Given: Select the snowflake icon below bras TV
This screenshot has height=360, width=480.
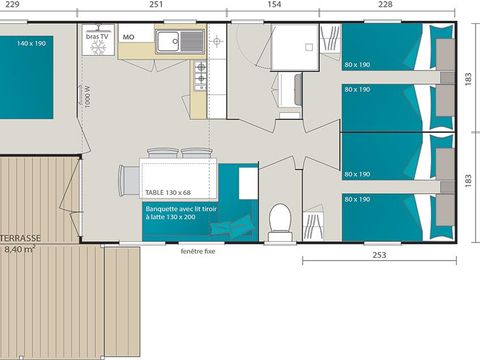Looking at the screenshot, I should coord(98,47).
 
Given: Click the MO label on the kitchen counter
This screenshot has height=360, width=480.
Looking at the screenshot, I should coord(128,36).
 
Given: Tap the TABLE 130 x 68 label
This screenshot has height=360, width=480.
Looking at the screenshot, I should coord(167,192).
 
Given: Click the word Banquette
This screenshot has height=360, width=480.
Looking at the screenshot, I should coord(161,209).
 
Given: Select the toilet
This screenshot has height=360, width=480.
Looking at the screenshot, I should coord(280,216).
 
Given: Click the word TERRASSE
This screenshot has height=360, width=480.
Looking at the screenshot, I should coord(20,239).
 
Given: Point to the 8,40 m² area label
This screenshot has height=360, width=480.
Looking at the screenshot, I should coord(20,250).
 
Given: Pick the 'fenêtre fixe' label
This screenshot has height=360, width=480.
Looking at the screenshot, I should coord(200,251).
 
